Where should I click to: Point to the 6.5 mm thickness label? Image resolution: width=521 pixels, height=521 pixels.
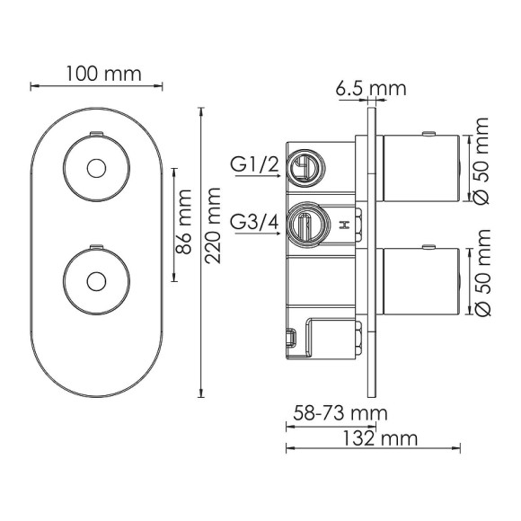371,88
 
